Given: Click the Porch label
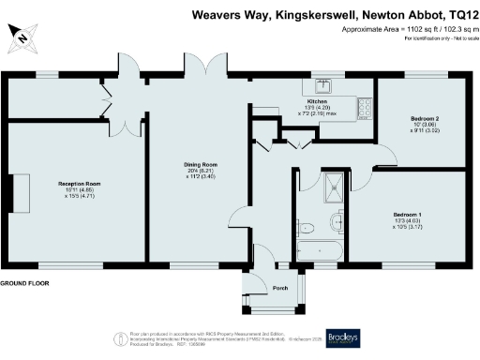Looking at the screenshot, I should [x=279, y=287].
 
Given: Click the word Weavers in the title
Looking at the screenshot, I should [x=215, y=14].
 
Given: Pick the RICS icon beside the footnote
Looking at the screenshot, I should [x=119, y=337].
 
